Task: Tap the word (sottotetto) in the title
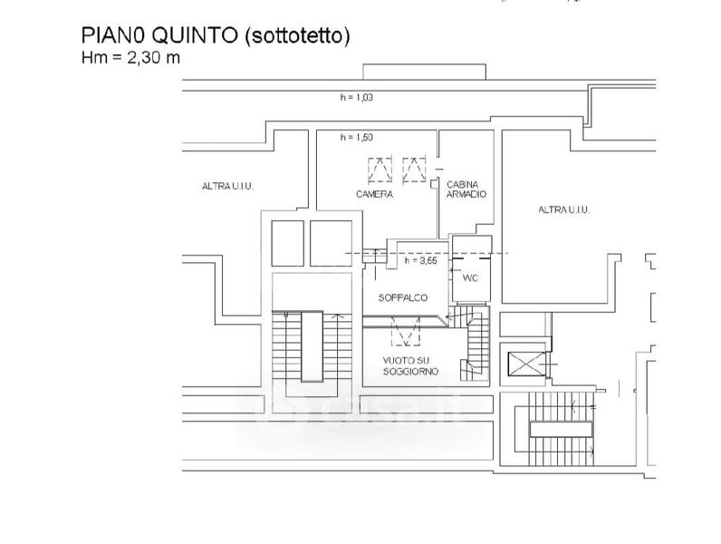(295, 35)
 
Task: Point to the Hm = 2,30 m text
(131, 56)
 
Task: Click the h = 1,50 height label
(357, 138)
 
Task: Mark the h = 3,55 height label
(421, 260)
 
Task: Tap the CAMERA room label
(374, 195)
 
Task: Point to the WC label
(470, 278)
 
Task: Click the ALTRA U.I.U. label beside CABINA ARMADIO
(564, 210)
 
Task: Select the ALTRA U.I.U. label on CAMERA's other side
(227, 187)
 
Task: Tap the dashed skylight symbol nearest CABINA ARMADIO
(414, 170)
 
